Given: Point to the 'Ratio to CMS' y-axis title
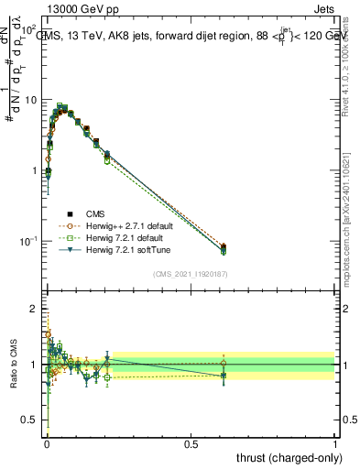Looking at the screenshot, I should tap(12, 365).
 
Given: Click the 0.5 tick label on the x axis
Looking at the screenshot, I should tap(191, 442).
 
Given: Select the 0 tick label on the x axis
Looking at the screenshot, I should tap(47, 442).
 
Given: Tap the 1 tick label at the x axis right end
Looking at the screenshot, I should tap(335, 442).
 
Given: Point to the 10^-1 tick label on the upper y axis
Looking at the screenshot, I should tap(28, 241).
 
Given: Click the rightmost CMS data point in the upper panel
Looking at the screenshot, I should tap(224, 246).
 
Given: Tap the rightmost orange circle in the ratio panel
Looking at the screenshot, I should tap(224, 363).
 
